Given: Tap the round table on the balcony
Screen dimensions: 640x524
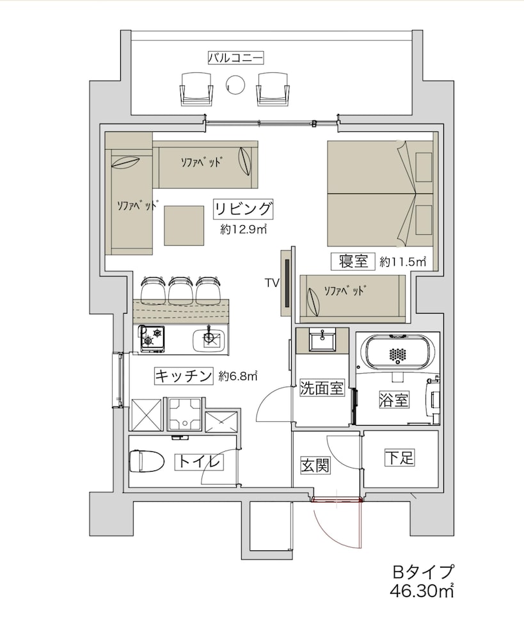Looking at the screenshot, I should tap(236, 84).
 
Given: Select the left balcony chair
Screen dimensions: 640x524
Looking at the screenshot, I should tap(196, 88).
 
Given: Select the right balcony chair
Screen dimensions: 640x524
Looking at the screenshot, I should tap(274, 88).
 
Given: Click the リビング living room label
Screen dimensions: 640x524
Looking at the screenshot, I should tap(244, 209).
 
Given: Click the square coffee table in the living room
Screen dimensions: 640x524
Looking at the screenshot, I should tap(184, 225).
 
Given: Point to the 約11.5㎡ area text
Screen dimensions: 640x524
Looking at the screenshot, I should tap(402, 262).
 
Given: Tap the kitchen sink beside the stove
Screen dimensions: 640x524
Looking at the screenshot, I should tap(209, 338).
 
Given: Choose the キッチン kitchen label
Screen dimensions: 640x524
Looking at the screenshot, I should tap(183, 376).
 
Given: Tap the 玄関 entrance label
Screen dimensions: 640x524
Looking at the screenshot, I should tap(315, 465).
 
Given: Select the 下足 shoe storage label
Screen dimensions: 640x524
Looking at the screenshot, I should tap(400, 458).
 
